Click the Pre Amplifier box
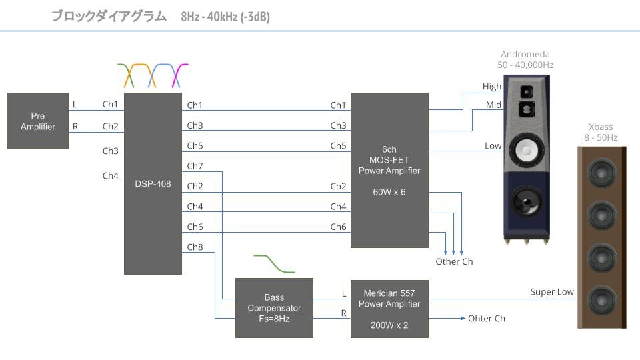(38, 121)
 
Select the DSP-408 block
(153, 183)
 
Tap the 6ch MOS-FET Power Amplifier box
(389, 170)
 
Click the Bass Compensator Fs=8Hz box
(274, 308)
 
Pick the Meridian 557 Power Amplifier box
(389, 308)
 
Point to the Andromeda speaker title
(525, 54)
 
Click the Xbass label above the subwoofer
(601, 127)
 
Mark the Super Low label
(552, 292)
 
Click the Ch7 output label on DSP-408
(195, 166)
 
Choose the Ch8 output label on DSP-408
(195, 247)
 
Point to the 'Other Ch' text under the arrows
(454, 261)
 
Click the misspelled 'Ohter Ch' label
(487, 319)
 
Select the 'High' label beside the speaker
(492, 87)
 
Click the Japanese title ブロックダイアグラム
(109, 17)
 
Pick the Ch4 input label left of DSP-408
(110, 176)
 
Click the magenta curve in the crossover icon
(179, 75)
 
